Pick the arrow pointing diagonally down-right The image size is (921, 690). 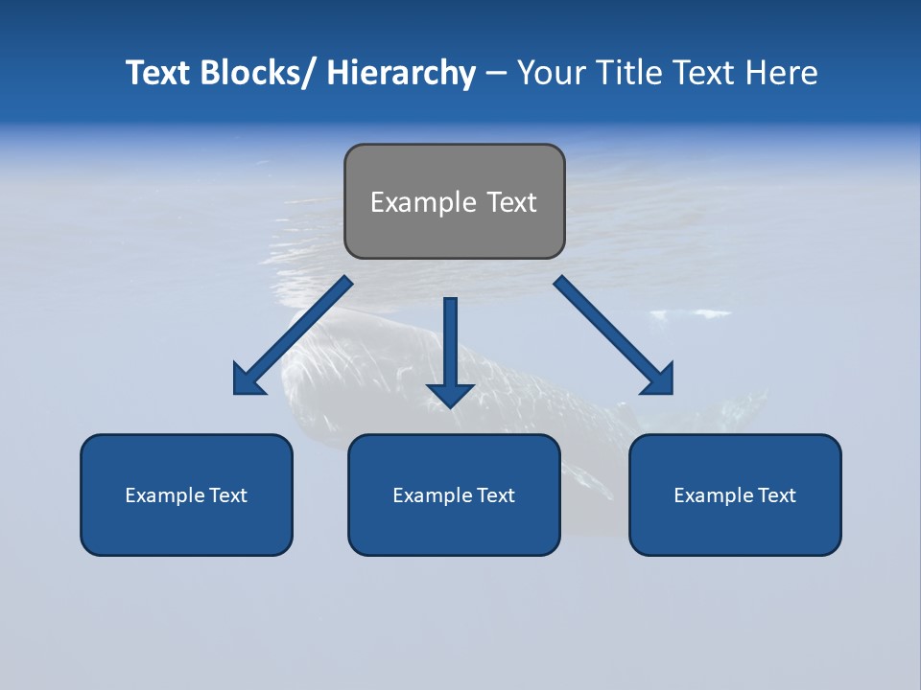pyautogui.click(x=614, y=335)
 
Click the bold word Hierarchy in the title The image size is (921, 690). pyautogui.click(x=401, y=73)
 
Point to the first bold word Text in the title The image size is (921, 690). pyautogui.click(x=160, y=73)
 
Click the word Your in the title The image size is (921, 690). pyautogui.click(x=551, y=73)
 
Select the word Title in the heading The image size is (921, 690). pyautogui.click(x=627, y=73)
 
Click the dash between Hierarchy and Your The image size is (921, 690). pyautogui.click(x=496, y=74)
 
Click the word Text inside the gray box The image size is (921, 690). pyautogui.click(x=509, y=202)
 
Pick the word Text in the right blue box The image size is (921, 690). pyautogui.click(x=776, y=495)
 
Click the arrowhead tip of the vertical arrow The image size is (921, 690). pyautogui.click(x=450, y=406)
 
